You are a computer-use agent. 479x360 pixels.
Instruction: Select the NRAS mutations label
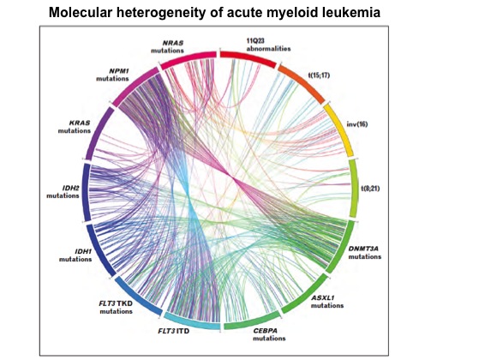point(167,46)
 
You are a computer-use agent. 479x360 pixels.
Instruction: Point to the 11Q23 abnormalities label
point(268,45)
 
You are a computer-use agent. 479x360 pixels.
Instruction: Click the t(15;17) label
point(320,75)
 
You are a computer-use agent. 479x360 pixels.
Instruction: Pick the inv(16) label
point(357,124)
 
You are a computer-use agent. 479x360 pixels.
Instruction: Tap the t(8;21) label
point(370,189)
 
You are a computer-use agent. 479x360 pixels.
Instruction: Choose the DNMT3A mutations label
point(365,252)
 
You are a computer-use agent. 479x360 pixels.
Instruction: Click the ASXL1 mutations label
point(327,302)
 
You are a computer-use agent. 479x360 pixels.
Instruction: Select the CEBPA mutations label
point(269,334)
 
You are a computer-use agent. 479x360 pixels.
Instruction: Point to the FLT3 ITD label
point(173,331)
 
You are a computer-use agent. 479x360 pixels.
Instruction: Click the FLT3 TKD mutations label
point(116,308)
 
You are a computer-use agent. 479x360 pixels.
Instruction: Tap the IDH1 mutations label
point(75,255)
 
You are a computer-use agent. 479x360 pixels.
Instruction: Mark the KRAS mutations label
point(75,127)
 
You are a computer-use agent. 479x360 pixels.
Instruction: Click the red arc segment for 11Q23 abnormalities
point(248,57)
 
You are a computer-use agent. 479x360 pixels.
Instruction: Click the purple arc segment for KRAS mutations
point(97,133)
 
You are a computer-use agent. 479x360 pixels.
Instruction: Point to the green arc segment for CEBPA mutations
point(252,323)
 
